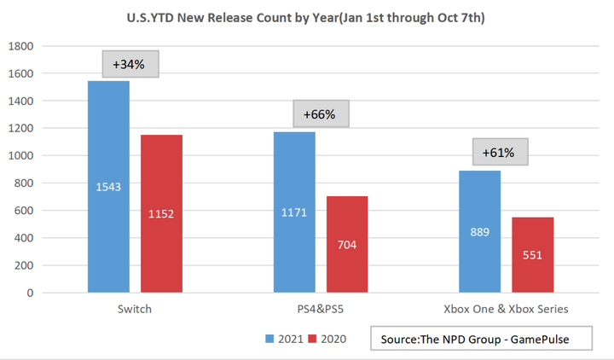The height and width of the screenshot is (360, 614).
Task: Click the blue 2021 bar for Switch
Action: point(108,187)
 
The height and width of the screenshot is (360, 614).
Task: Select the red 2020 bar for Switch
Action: point(161,213)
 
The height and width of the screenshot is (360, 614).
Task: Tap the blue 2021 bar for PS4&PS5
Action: point(293,212)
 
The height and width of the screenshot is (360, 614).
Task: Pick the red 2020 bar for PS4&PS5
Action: point(346,244)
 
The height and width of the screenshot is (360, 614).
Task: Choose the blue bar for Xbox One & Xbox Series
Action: point(479,231)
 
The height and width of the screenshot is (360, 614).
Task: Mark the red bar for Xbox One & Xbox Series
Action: point(532,254)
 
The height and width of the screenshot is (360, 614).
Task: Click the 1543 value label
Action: point(108,186)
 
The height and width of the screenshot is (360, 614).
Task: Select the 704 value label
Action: point(346,244)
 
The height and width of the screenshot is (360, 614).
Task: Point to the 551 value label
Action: point(532,254)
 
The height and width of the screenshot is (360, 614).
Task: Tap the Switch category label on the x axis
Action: point(133,309)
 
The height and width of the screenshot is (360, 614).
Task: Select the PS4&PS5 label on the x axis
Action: point(319,309)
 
